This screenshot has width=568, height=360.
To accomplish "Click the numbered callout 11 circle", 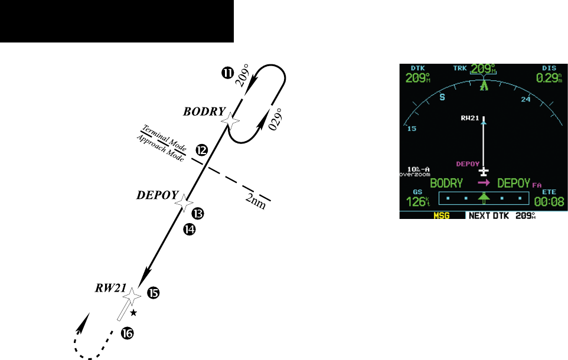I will [x=226, y=73].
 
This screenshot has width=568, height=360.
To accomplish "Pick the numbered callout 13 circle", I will [x=198, y=212].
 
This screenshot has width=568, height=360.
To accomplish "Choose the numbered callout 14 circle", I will [x=190, y=230].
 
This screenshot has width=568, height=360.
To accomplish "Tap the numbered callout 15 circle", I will [x=153, y=292].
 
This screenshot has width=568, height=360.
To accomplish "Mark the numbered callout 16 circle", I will [x=127, y=333].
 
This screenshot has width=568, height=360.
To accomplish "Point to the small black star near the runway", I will [x=133, y=312].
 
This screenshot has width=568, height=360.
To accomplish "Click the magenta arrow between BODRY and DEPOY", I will [x=484, y=184].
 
